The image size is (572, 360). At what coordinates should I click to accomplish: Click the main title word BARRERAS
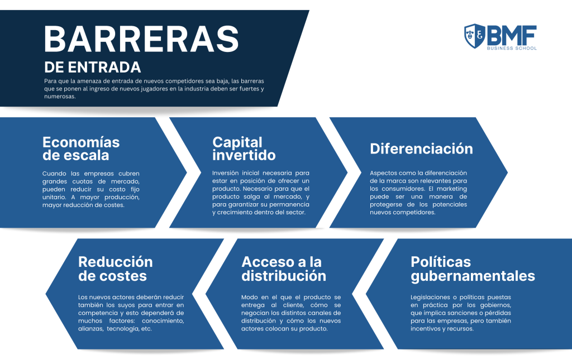pyautogui.click(x=141, y=39)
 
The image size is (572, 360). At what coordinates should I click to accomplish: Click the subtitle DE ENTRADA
pyautogui.click(x=93, y=68)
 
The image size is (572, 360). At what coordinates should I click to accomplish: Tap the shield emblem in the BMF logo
pyautogui.click(x=474, y=36)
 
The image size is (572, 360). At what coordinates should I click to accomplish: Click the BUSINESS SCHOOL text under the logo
pyautogui.click(x=512, y=48)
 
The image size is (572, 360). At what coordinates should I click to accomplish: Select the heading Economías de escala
pyautogui.click(x=81, y=148)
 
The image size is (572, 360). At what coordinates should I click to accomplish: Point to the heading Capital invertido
pyautogui.click(x=244, y=148)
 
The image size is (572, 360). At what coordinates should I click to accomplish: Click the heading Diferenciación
pyautogui.click(x=421, y=148)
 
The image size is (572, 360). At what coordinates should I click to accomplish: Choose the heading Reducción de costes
pyautogui.click(x=115, y=268)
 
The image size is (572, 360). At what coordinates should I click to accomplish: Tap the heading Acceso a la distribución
pyautogui.click(x=284, y=268)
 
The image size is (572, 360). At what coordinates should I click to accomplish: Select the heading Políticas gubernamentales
pyautogui.click(x=473, y=269)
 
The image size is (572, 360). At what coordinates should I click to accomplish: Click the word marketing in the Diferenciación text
pyautogui.click(x=451, y=189)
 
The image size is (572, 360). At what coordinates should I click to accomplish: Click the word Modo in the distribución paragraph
pyautogui.click(x=250, y=297)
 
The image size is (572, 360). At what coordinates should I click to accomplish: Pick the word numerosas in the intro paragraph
pyautogui.click(x=60, y=97)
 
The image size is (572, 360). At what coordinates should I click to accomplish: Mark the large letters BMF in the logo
pyautogui.click(x=512, y=35)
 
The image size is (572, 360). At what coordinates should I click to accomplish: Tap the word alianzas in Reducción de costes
pyautogui.click(x=90, y=329)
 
